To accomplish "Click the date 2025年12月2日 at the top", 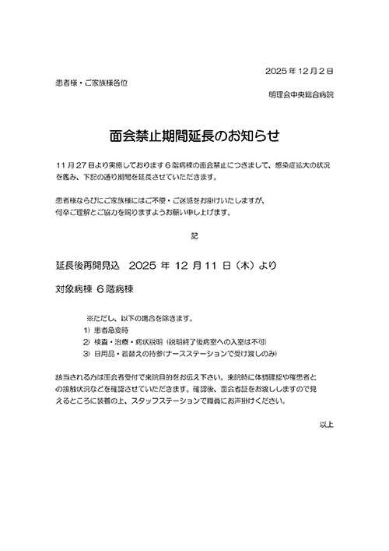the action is tap(300, 71).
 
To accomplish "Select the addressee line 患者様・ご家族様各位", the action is tap(91, 82).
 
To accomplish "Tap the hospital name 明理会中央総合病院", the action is tap(300, 94).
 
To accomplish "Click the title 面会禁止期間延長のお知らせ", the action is tap(194, 135).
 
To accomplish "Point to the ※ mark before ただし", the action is tap(89, 318).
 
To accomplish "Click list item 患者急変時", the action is tap(114, 330).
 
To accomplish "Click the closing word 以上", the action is tap(326, 425).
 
